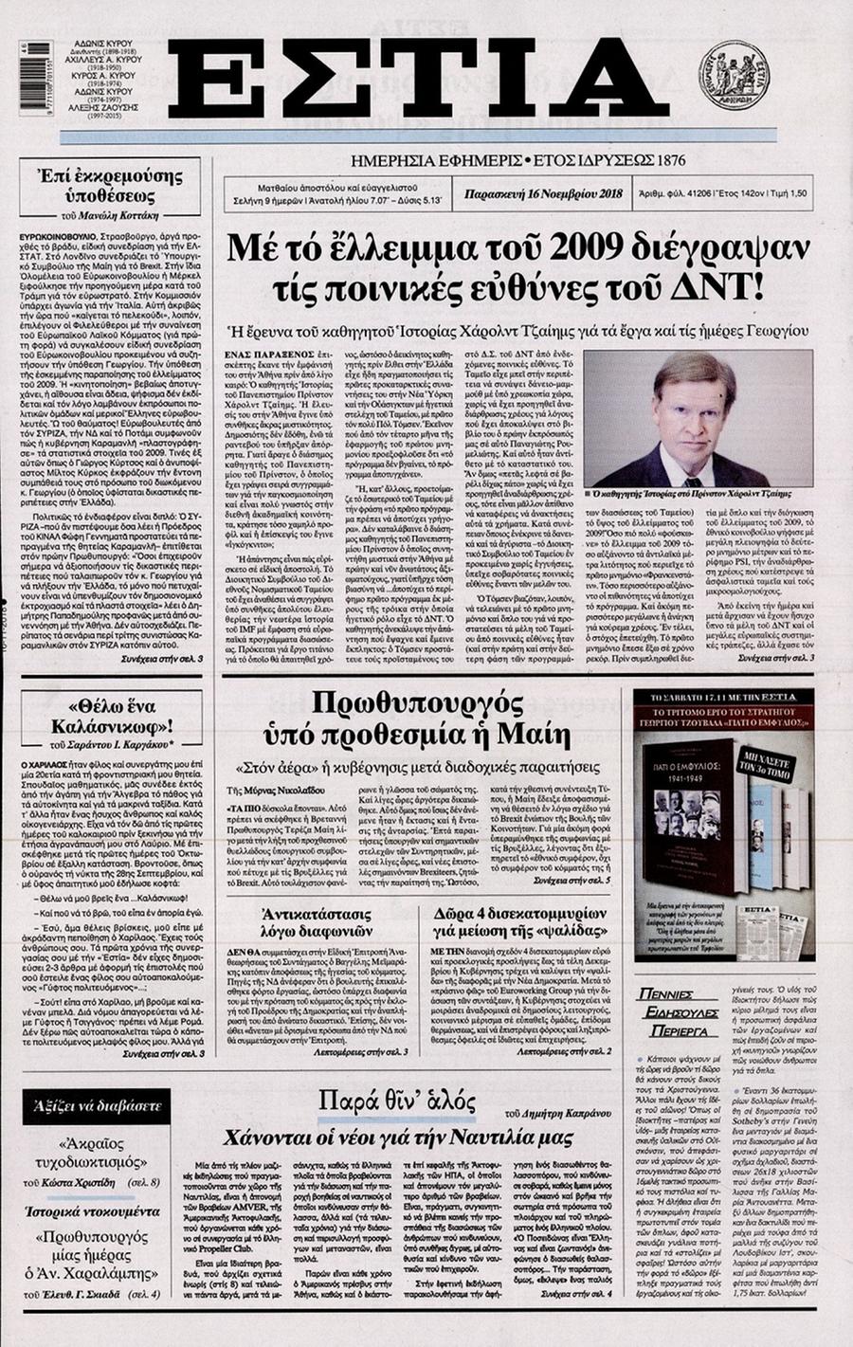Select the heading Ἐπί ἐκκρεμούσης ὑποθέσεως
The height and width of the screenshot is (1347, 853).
coord(118,187)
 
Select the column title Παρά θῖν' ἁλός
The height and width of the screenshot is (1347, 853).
coord(396,1103)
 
